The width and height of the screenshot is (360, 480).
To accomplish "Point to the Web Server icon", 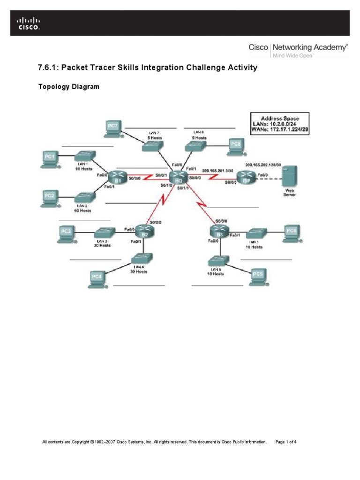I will point(289,177).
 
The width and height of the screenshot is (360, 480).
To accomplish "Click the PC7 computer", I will point(113,127).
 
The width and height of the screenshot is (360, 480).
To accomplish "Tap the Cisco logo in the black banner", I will point(29,23).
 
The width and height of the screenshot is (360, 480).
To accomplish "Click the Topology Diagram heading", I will point(68,87).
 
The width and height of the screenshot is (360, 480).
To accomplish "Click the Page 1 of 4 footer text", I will point(286,442).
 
